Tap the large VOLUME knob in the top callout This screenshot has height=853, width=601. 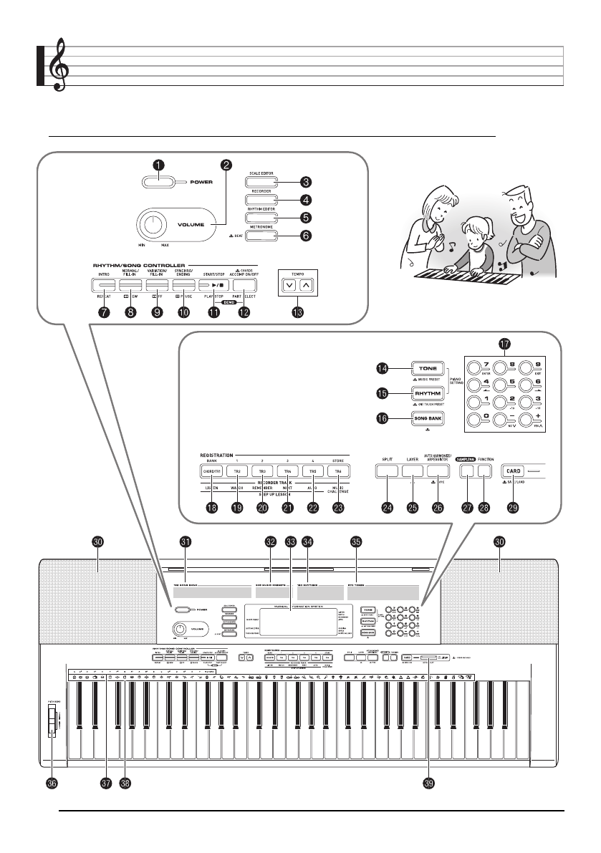pyautogui.click(x=153, y=226)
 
